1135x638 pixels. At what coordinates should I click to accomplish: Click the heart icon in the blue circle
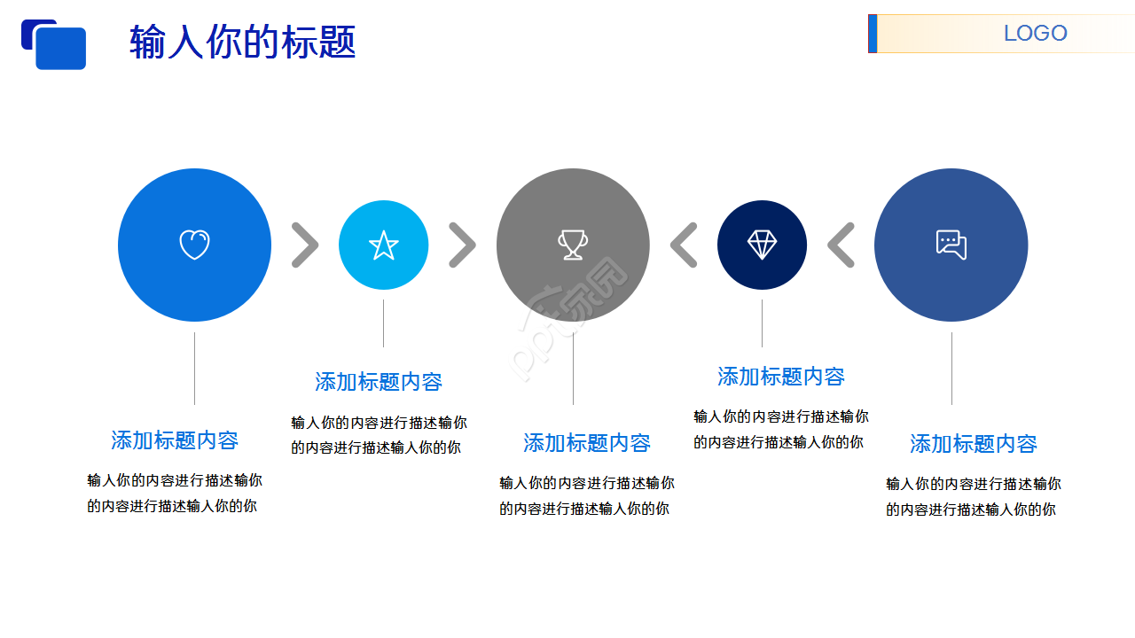tap(194, 245)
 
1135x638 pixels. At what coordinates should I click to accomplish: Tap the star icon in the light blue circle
tap(383, 245)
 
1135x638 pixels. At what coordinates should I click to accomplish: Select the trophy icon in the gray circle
tap(573, 245)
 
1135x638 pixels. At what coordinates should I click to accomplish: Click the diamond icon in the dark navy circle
tap(762, 245)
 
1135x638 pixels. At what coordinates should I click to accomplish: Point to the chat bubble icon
tap(951, 245)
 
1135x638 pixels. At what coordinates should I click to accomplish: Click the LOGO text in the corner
tap(1035, 34)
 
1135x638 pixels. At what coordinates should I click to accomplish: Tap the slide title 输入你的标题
tap(242, 42)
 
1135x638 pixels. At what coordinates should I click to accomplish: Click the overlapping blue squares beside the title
tap(54, 44)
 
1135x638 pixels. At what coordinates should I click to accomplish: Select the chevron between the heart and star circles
tap(304, 245)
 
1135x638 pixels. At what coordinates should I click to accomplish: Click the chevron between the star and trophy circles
tap(462, 245)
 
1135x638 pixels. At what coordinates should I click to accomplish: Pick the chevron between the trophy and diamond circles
tap(684, 245)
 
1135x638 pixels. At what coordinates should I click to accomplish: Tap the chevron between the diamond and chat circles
tap(841, 245)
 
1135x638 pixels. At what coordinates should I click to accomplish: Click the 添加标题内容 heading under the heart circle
tap(175, 440)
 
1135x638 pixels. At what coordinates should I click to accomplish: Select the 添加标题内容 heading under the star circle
tap(379, 382)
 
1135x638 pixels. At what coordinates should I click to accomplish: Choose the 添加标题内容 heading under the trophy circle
tap(587, 442)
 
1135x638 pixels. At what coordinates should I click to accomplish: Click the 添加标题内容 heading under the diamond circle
tap(781, 377)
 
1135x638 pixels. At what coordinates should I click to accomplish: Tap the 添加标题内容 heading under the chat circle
tap(974, 443)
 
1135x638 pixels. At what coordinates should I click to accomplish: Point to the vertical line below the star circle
tap(383, 323)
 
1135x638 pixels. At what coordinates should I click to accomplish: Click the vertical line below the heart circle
tap(194, 368)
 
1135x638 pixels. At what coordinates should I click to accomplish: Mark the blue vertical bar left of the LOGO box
tap(873, 34)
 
